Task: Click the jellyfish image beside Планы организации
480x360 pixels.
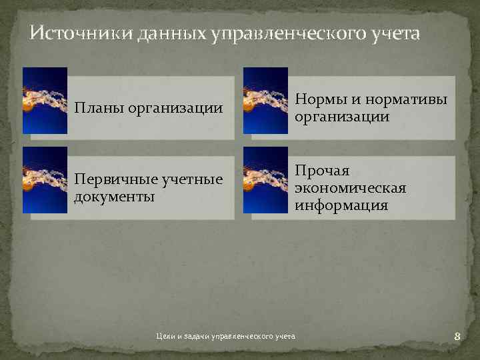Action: coord(45,100)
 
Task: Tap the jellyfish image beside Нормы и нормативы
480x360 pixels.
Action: coord(265,100)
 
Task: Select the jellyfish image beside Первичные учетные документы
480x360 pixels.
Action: coord(45,180)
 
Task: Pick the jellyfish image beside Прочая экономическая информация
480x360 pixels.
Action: coord(265,180)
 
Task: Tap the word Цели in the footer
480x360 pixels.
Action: coord(163,337)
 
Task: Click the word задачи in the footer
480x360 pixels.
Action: coord(193,337)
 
